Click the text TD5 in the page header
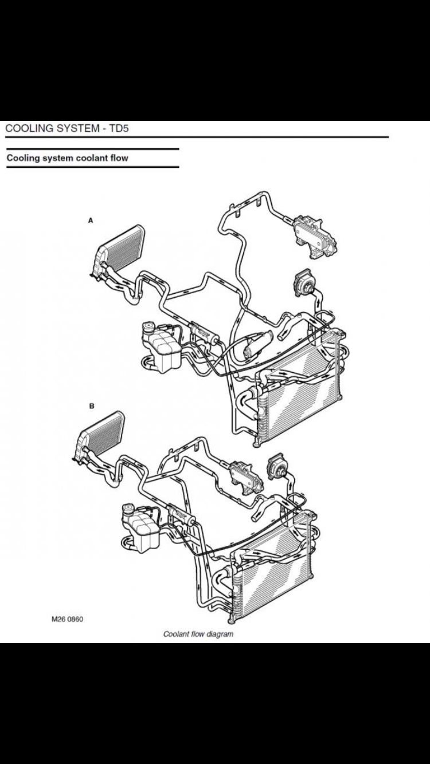[x=118, y=129]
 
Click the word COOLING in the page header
[x=30, y=129]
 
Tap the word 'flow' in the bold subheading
[x=119, y=158]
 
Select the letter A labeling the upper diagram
[x=91, y=220]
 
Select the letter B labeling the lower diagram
[x=91, y=406]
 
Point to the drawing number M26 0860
[x=67, y=619]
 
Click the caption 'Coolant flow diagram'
[x=198, y=634]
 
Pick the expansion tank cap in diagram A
[x=149, y=327]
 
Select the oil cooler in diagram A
[x=315, y=236]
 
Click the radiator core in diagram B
[x=273, y=576]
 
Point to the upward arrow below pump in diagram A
[x=319, y=303]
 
